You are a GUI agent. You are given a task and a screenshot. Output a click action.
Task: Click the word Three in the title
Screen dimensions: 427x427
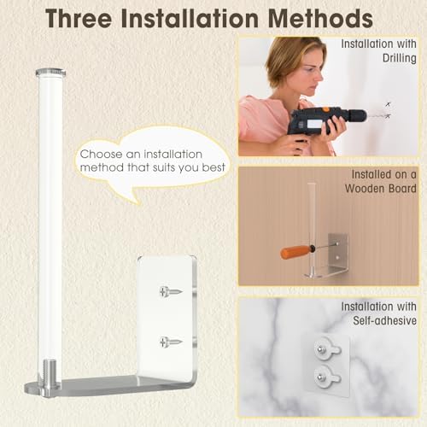click(x=79, y=18)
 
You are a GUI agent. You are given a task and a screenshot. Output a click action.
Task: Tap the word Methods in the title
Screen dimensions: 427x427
click(x=320, y=18)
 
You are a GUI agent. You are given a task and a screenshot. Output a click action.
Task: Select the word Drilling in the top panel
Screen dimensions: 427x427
click(x=400, y=58)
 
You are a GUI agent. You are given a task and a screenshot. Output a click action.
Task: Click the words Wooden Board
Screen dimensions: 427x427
click(x=381, y=189)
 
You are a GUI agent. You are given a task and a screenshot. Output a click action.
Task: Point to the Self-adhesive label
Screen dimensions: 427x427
click(x=384, y=320)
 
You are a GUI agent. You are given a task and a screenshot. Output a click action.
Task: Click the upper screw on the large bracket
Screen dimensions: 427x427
click(x=171, y=292)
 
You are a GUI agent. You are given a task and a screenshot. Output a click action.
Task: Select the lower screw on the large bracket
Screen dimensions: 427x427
click(x=171, y=342)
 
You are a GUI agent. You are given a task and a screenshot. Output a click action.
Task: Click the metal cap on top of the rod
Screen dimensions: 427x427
click(x=50, y=73)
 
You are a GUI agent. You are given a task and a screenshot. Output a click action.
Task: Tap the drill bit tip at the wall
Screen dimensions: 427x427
click(x=389, y=115)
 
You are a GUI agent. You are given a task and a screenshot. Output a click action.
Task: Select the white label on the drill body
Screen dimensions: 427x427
click(x=314, y=125)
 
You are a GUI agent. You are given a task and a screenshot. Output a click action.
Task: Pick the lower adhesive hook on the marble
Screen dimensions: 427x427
click(x=327, y=377)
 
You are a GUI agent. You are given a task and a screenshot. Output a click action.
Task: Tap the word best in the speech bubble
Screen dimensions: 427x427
click(x=213, y=167)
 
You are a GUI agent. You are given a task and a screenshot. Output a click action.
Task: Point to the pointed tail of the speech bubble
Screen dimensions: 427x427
click(x=139, y=203)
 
